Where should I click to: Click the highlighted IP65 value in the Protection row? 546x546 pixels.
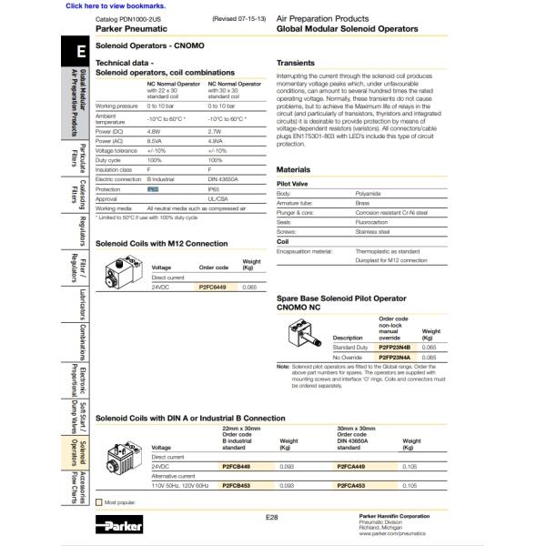153,189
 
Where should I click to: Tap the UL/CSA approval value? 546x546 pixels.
217,198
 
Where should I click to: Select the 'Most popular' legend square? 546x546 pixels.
99,502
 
